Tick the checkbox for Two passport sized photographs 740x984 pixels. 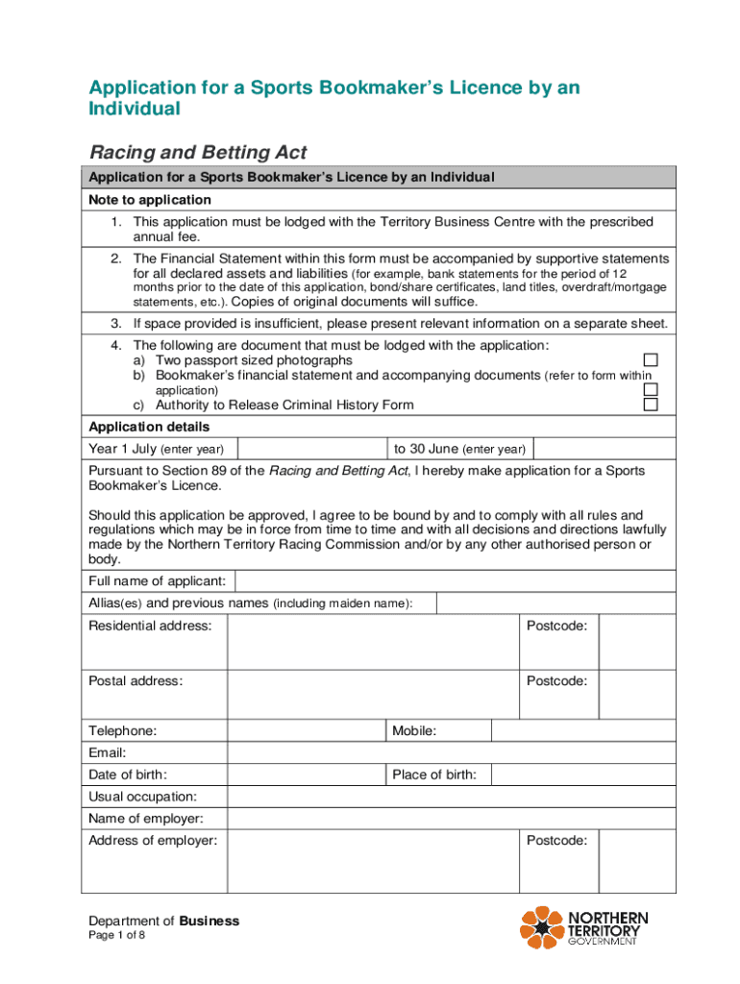click(651, 360)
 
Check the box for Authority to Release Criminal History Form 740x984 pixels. click(651, 405)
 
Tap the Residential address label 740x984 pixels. click(150, 627)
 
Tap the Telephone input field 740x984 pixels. click(306, 731)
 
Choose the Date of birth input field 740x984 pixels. click(306, 775)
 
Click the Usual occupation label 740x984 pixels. click(143, 797)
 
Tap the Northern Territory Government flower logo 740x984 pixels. click(542, 927)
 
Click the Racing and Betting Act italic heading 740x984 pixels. click(198, 153)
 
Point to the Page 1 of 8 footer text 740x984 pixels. click(117, 937)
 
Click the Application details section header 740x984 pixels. click(149, 427)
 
